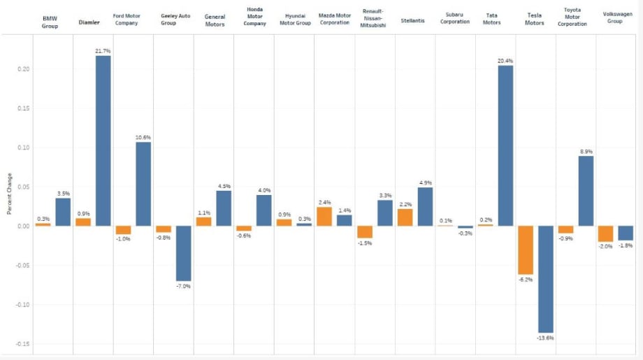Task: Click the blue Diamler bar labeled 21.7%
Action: click(x=103, y=141)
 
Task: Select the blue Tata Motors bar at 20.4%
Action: click(x=505, y=145)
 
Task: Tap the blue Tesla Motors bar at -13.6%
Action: click(x=545, y=279)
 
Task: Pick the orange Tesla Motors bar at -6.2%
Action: click(x=526, y=250)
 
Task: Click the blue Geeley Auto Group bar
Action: click(x=183, y=253)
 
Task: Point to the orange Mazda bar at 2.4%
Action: click(x=324, y=217)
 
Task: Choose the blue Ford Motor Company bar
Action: click(x=143, y=184)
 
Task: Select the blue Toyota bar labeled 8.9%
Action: click(x=586, y=191)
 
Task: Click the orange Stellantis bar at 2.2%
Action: click(x=405, y=217)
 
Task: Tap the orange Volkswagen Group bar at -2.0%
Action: click(x=606, y=233)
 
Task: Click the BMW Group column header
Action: click(x=50, y=22)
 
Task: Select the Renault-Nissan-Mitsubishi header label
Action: click(x=373, y=18)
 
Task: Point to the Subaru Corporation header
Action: click(x=455, y=18)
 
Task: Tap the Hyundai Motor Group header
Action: click(x=295, y=20)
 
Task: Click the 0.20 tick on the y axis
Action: click(x=23, y=69)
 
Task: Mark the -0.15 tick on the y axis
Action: click(x=22, y=344)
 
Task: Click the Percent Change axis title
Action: click(x=9, y=194)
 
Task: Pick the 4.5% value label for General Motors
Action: click(x=224, y=186)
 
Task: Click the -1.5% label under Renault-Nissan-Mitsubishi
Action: click(x=365, y=243)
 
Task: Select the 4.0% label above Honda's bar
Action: click(x=264, y=190)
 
